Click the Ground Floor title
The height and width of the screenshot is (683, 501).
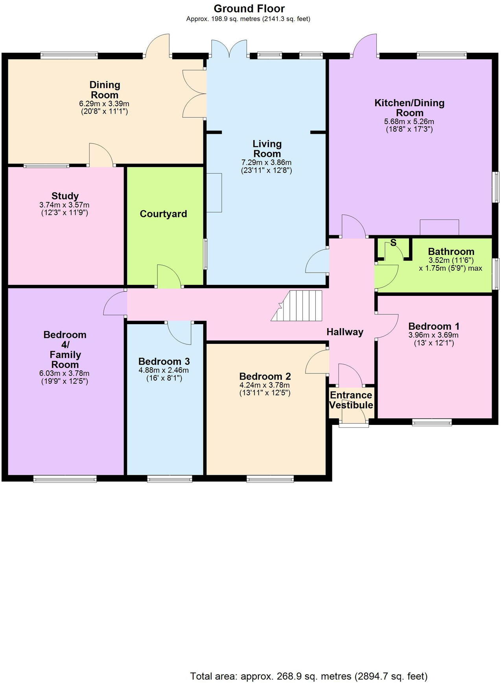tap(249, 9)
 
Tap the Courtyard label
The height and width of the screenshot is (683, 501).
tap(163, 214)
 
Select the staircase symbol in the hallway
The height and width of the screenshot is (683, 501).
tap(298, 306)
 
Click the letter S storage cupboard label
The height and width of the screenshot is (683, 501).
tap(393, 243)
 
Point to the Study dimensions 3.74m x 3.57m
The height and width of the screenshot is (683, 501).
tap(64, 205)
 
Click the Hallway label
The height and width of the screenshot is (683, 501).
tap(344, 332)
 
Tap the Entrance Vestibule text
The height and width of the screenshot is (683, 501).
tap(351, 400)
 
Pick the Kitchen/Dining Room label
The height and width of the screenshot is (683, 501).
tap(409, 107)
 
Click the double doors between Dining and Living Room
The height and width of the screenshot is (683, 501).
tap(195, 94)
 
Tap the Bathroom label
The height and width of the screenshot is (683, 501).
tap(451, 252)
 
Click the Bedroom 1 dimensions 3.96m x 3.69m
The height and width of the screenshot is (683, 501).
tap(433, 335)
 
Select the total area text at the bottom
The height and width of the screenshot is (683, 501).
tap(309, 676)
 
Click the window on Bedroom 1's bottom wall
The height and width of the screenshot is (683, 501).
tap(432, 423)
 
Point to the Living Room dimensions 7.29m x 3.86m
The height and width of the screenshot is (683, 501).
tap(266, 162)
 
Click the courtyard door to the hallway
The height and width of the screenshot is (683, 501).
tap(169, 277)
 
